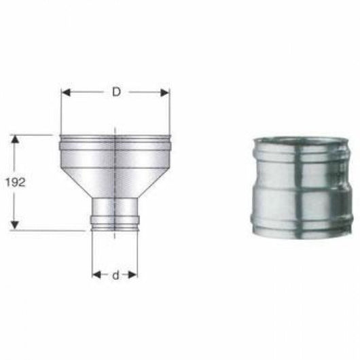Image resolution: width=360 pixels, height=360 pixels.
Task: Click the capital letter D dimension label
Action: (x=116, y=92)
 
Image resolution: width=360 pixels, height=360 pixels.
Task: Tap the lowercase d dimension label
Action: (x=115, y=275)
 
